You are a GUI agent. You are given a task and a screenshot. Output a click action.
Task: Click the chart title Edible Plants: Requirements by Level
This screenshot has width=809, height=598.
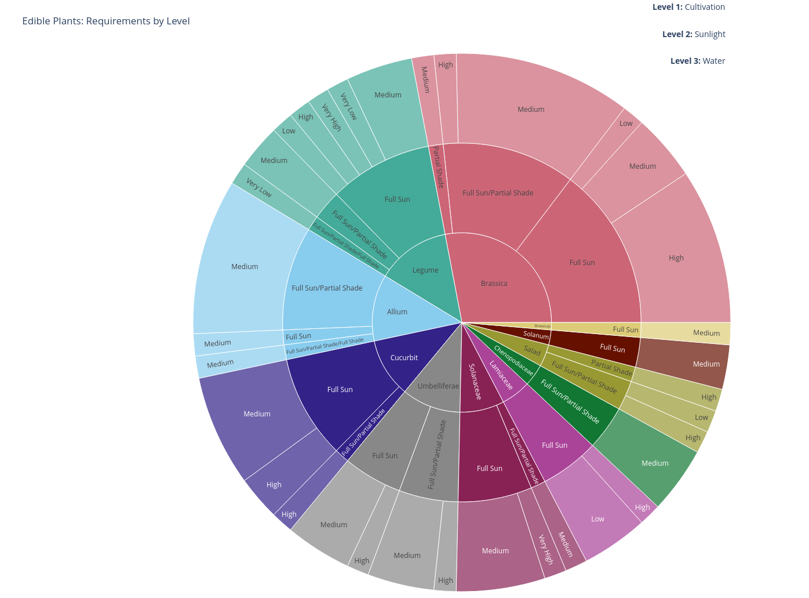click(106, 21)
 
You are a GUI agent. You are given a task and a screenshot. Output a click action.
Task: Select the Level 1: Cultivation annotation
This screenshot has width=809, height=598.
click(688, 7)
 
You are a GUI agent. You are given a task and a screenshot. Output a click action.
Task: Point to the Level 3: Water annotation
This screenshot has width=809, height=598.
click(697, 61)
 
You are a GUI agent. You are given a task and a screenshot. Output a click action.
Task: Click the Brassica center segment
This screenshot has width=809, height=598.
click(494, 284)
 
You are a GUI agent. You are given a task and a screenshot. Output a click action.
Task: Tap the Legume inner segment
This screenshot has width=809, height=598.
click(425, 270)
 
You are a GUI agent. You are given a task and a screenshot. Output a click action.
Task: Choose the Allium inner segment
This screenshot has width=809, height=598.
click(397, 312)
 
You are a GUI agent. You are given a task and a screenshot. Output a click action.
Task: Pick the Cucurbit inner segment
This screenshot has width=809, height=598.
click(404, 358)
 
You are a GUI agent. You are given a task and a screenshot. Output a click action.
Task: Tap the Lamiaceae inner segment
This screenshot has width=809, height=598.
click(501, 375)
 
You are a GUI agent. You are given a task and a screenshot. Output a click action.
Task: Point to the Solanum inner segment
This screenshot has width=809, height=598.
click(536, 335)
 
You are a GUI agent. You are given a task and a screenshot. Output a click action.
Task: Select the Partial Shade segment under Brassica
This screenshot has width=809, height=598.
click(439, 167)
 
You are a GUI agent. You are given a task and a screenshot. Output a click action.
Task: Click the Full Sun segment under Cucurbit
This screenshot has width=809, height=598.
click(340, 390)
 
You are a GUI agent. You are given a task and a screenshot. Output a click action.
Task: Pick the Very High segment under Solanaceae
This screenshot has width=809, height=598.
click(546, 549)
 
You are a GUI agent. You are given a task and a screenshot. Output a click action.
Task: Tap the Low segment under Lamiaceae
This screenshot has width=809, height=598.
click(597, 519)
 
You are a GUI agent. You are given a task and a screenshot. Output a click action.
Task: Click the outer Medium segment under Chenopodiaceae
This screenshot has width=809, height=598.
click(655, 463)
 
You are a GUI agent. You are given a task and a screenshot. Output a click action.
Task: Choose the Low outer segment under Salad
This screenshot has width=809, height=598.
click(701, 418)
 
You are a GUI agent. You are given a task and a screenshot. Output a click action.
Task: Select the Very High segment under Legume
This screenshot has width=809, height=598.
click(331, 118)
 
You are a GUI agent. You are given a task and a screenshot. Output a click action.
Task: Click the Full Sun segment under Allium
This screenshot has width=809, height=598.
click(298, 336)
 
